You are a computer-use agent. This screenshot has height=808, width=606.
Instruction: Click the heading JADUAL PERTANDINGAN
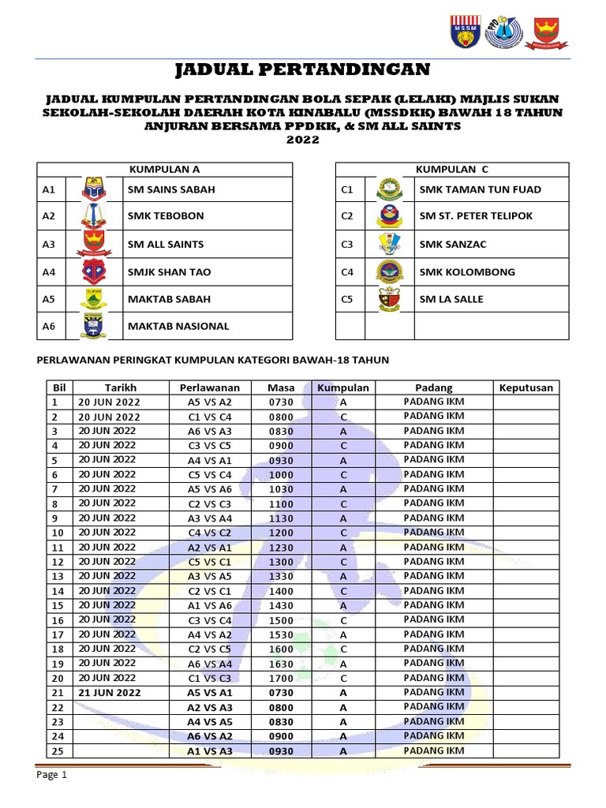302,69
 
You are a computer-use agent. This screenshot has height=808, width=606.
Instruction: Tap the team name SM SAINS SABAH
171,189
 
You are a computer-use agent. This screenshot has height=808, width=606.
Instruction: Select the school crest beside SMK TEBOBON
93,216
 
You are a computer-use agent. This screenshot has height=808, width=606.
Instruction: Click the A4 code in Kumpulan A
49,271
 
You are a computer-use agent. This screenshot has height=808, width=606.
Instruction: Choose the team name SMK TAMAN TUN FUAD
480,189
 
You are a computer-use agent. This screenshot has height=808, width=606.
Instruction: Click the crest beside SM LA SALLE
390,299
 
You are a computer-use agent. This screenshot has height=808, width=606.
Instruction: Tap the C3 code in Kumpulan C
347,244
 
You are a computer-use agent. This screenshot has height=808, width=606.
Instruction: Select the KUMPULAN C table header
451,169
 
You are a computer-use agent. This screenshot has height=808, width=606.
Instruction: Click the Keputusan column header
526,387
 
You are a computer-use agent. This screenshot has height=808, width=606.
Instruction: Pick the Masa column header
281,387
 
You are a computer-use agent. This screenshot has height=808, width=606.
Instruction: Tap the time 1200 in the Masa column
281,533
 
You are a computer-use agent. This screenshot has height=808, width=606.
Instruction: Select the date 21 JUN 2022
109,693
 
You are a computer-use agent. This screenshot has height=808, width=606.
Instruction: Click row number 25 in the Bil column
56,751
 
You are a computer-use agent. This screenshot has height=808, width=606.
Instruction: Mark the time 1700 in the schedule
281,678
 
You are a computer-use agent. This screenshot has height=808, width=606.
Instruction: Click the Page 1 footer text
53,775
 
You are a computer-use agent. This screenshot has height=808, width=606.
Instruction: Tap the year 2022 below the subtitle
302,140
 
